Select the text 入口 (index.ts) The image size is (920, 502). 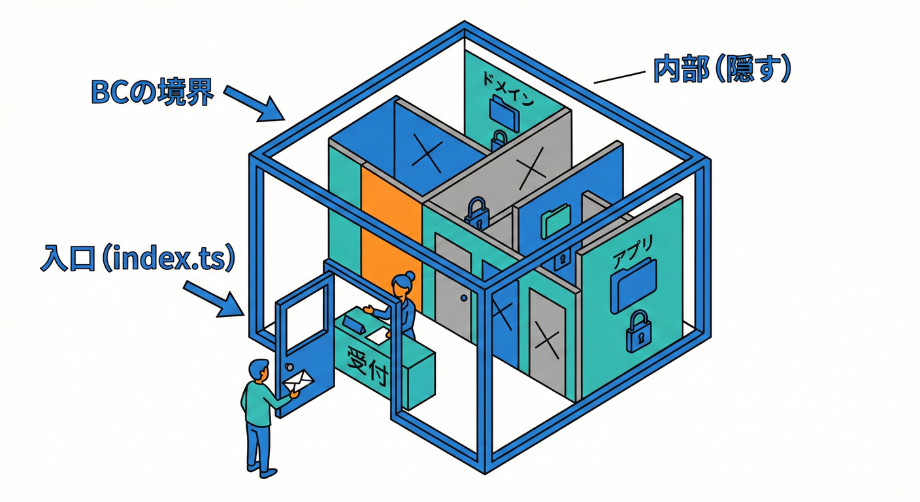pyautogui.click(x=137, y=259)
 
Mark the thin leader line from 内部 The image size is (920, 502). pyautogui.click(x=617, y=76)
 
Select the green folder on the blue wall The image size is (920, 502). pyautogui.click(x=557, y=220)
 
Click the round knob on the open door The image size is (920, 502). pyautogui.click(x=288, y=363)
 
